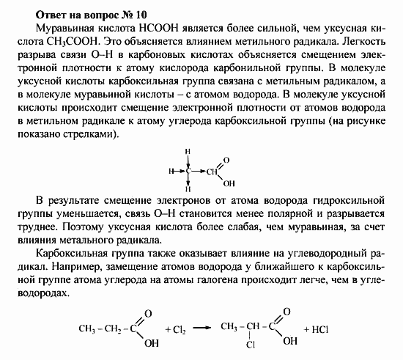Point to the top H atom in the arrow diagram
(188, 153)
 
